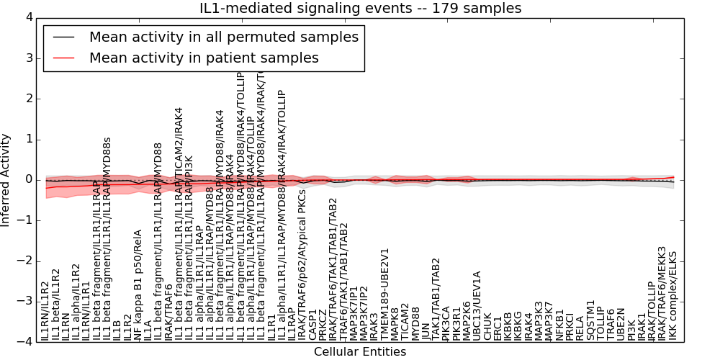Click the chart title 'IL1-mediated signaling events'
pos(360,9)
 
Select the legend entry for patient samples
pos(204,58)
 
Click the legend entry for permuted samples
pos(224,37)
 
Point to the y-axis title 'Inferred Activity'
pos(6,180)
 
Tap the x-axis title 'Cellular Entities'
pos(360,352)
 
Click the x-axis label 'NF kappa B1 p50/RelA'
pos(138,285)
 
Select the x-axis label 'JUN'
pos(426,330)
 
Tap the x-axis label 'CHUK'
pos(487,327)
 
